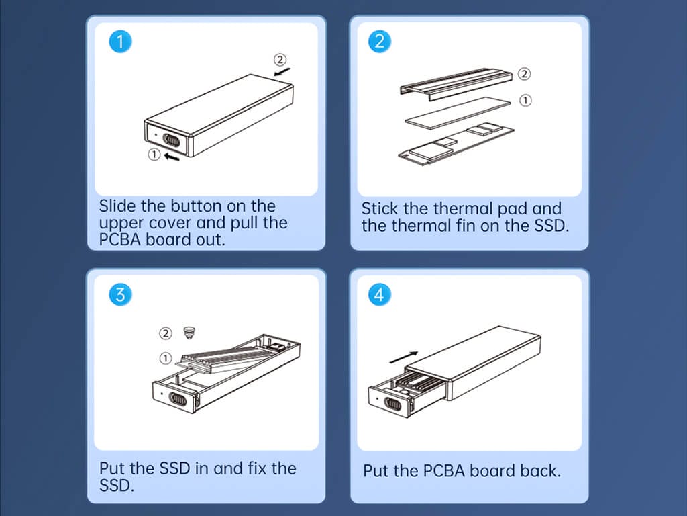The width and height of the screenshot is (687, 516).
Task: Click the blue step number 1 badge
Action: (x=120, y=42)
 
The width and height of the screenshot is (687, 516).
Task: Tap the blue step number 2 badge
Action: (x=380, y=42)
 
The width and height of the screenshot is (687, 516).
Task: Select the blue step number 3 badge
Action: (x=120, y=294)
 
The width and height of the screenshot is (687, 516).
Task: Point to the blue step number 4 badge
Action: (x=380, y=294)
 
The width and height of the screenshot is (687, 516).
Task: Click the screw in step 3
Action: (x=189, y=333)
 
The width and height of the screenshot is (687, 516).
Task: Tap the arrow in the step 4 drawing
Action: (x=403, y=357)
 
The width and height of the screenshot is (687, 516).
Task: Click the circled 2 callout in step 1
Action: (x=280, y=59)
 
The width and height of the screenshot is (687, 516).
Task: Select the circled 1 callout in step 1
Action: (x=154, y=155)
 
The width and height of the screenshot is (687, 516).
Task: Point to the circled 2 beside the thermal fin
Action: (x=524, y=74)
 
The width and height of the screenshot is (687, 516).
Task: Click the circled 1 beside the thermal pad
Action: (x=525, y=101)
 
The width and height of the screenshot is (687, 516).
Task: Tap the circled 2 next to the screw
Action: (x=166, y=333)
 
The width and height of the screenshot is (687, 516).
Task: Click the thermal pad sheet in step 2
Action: (x=458, y=113)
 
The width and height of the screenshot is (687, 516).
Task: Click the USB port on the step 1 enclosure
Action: (x=171, y=140)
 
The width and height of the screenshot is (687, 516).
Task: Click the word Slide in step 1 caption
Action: (x=117, y=206)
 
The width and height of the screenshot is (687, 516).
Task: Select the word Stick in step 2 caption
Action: (x=380, y=208)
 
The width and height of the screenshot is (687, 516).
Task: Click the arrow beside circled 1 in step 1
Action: (x=172, y=156)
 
